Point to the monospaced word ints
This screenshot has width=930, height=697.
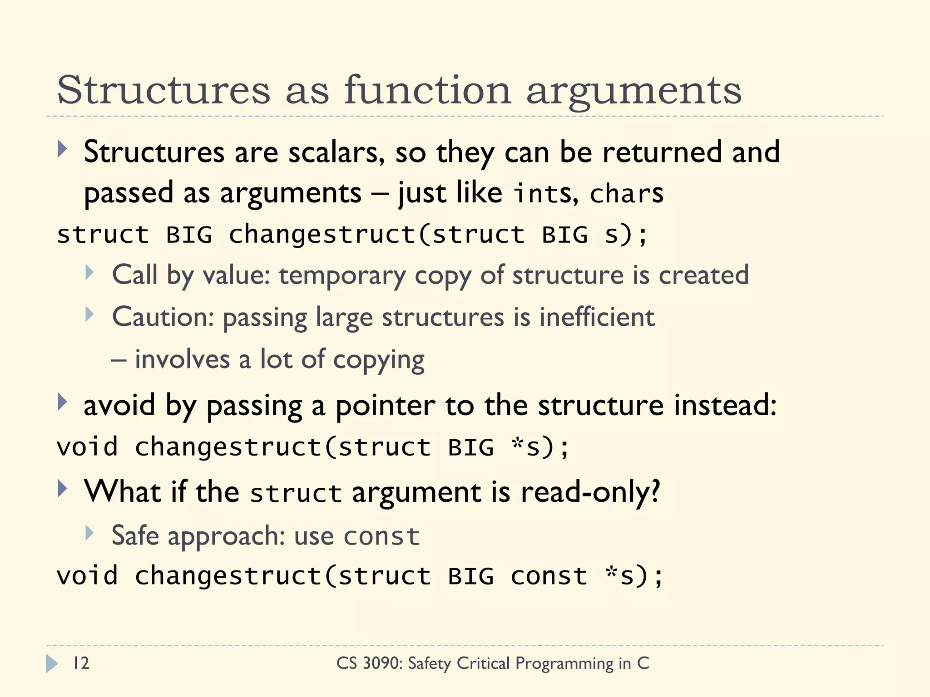pos(545,193)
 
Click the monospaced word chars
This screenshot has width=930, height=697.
pos(626,193)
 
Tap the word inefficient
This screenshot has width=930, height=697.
pos(597,317)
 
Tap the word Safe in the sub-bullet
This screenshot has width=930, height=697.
pos(135,535)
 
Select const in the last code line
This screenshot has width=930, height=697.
pos(549,576)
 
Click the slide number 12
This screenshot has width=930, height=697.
pos(81,663)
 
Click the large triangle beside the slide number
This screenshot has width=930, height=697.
pos(52,663)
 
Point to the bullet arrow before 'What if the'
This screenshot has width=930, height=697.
pos(62,489)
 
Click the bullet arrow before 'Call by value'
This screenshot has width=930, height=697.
pos(89,273)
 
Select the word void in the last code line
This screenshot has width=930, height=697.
pos(87,576)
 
